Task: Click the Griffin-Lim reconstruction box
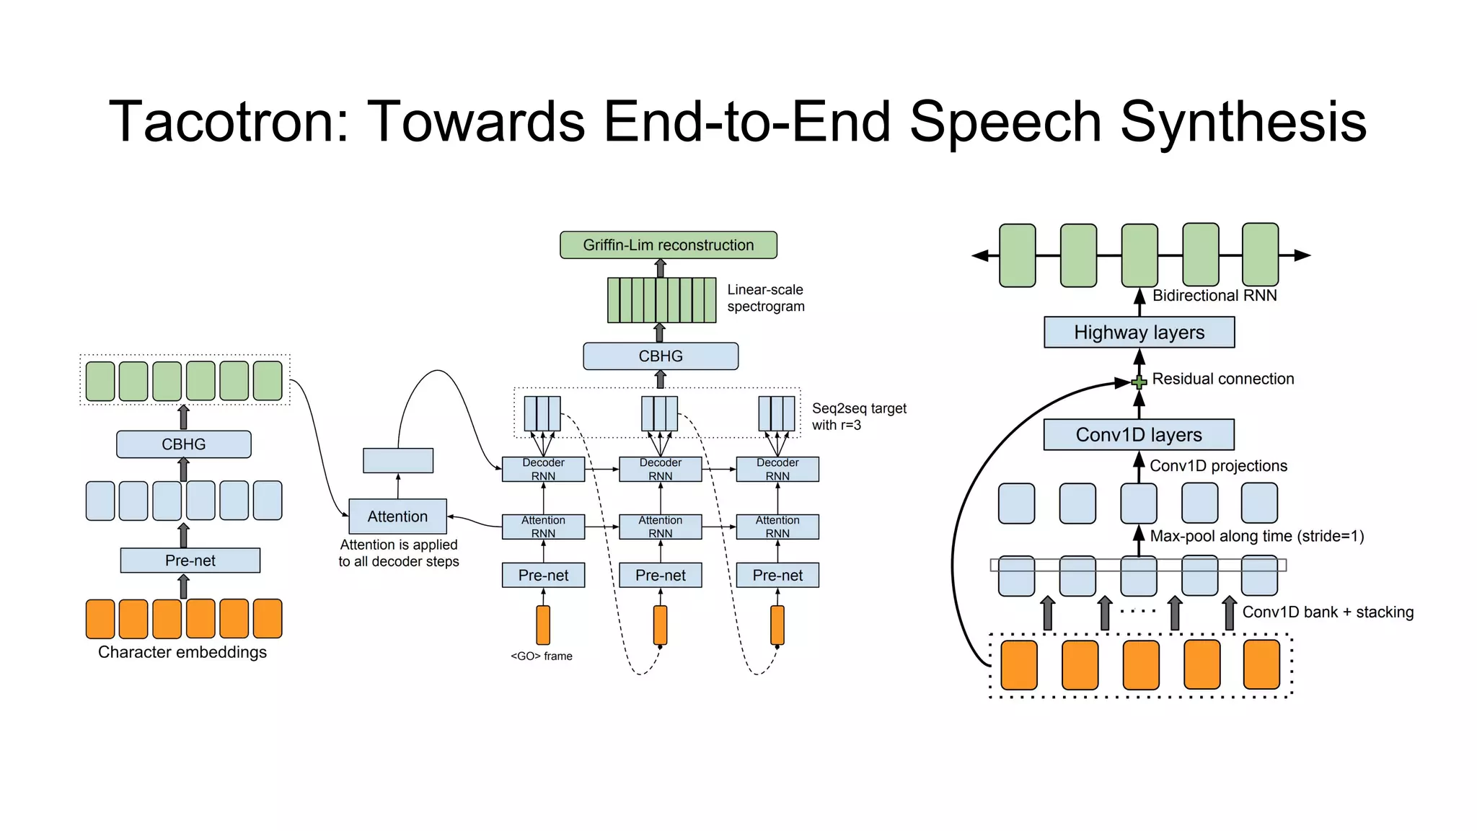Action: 668,245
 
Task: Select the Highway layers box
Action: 1139,333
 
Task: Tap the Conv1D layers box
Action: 1138,435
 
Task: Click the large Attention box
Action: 397,516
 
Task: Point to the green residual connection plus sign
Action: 1139,382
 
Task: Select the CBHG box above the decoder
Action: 660,356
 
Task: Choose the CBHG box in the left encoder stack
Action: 183,444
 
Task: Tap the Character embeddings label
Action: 182,652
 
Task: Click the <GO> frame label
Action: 542,656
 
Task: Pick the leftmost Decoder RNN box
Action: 543,469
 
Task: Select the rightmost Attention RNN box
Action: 777,527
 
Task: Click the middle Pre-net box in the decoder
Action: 660,576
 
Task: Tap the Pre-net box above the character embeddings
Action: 190,560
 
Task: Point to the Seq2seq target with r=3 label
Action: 858,417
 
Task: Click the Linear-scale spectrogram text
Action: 765,298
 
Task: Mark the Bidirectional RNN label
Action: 1214,296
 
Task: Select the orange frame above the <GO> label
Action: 543,625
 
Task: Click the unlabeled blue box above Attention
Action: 398,461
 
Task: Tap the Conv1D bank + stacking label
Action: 1327,612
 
